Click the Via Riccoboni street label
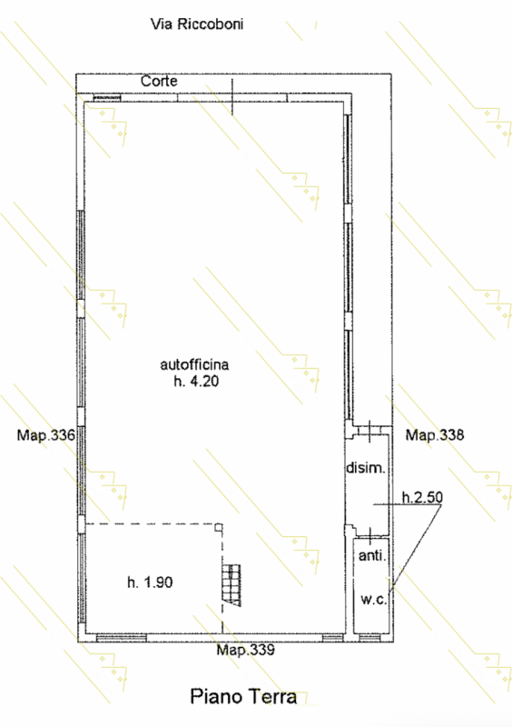[x=197, y=25]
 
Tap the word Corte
[x=159, y=81]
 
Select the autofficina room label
[x=194, y=365]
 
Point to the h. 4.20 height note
[x=196, y=382]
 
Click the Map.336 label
[x=46, y=435]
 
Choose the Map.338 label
[x=435, y=435]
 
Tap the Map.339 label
[x=246, y=650]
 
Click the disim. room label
[x=366, y=468]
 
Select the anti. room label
[x=372, y=555]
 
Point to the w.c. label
[x=373, y=600]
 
